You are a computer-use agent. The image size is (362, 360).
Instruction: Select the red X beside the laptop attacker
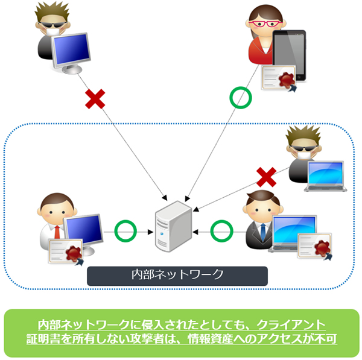(x=265, y=177)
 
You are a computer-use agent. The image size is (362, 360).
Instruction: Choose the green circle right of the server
(x=221, y=230)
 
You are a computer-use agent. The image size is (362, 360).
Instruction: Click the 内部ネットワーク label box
(x=177, y=274)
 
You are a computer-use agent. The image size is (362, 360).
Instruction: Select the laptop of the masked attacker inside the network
(x=324, y=176)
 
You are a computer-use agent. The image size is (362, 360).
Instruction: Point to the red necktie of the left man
(x=56, y=232)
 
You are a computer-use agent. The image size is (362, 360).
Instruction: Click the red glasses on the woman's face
(x=265, y=25)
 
